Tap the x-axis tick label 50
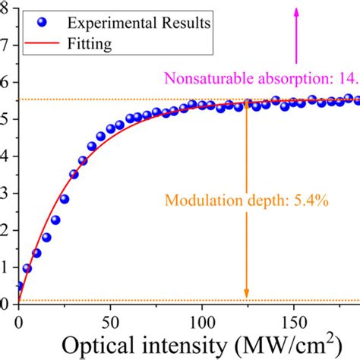tap(111, 321)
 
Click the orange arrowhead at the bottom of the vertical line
tap(246, 295)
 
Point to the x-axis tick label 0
tap(19, 321)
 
